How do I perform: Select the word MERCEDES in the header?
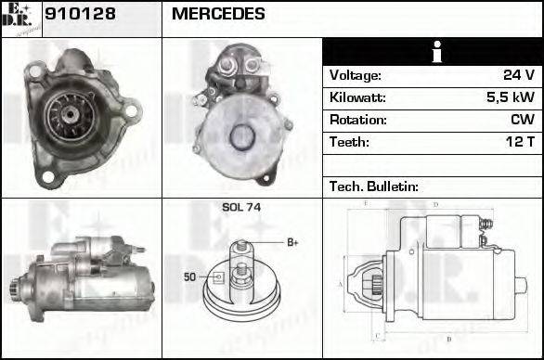(218, 15)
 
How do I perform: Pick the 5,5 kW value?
(511, 97)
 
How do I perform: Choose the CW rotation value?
(522, 120)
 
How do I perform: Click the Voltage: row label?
(356, 75)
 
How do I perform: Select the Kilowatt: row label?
(357, 97)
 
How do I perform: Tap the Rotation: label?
(356, 120)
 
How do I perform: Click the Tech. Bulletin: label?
(372, 186)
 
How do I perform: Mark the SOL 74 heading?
(241, 208)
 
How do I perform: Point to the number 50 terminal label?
(189, 276)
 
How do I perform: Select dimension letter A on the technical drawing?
(341, 283)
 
